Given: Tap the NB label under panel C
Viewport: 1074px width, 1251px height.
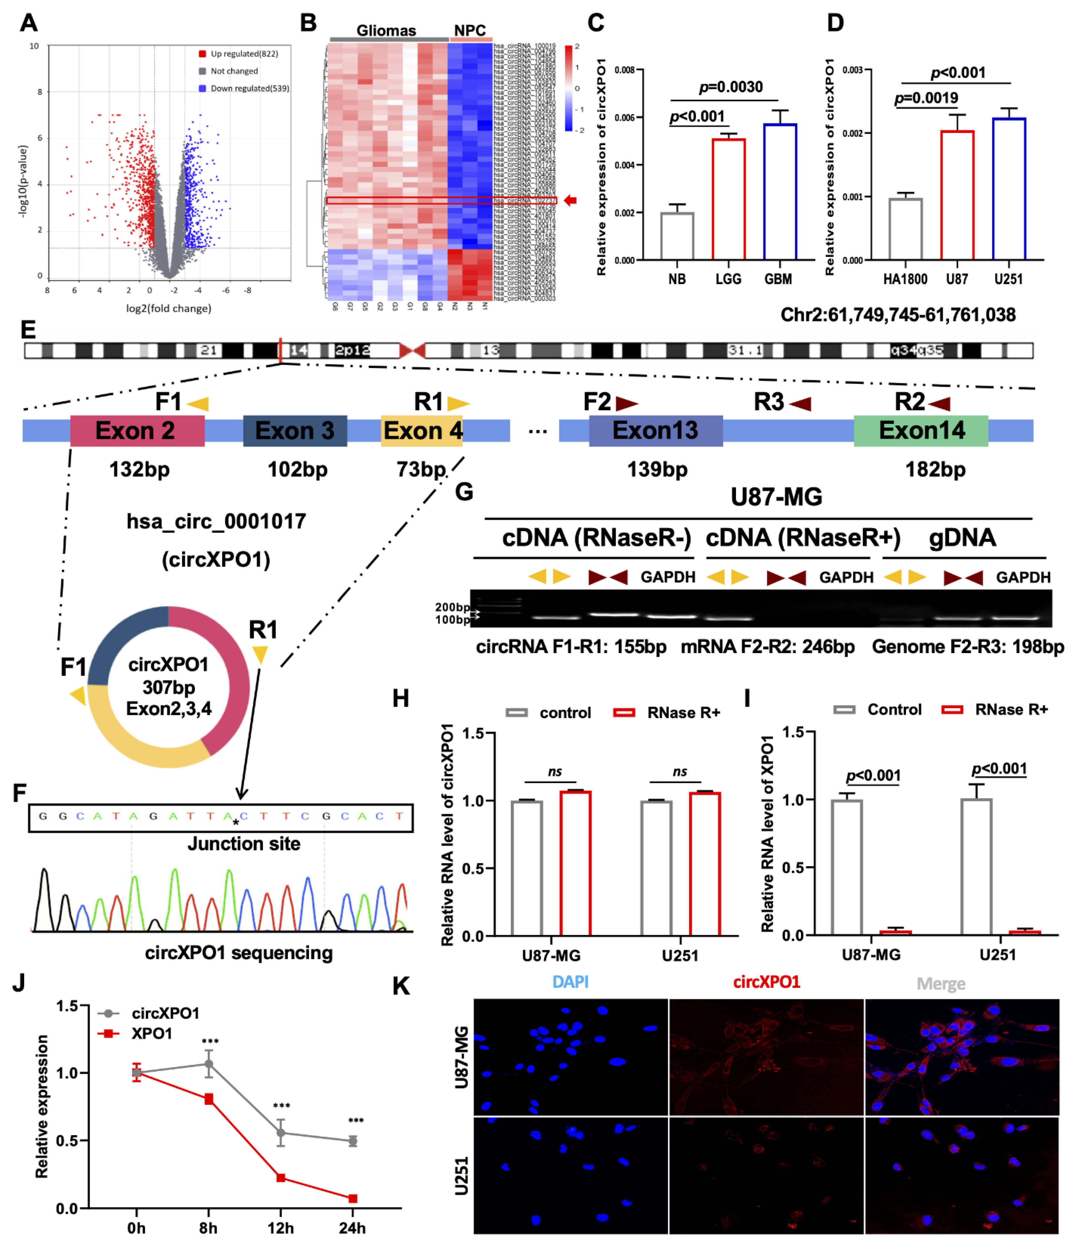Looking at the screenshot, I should pyautogui.click(x=677, y=279).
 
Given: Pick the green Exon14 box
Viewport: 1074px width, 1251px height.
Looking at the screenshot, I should pyautogui.click(x=921, y=430).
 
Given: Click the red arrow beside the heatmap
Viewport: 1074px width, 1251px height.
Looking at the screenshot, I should pyautogui.click(x=570, y=201).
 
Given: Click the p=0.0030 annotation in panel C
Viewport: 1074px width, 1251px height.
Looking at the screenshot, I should pyautogui.click(x=730, y=87).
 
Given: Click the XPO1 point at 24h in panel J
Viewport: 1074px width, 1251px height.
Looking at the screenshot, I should pyautogui.click(x=352, y=1198).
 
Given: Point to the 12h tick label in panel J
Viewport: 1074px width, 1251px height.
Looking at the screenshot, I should pyautogui.click(x=281, y=1227).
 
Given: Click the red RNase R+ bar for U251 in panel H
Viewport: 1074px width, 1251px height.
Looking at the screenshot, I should pyautogui.click(x=705, y=863).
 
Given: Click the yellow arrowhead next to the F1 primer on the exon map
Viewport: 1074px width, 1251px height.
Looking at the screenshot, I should pyautogui.click(x=198, y=403).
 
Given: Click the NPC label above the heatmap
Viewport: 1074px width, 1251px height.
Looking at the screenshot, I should pyautogui.click(x=470, y=30).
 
